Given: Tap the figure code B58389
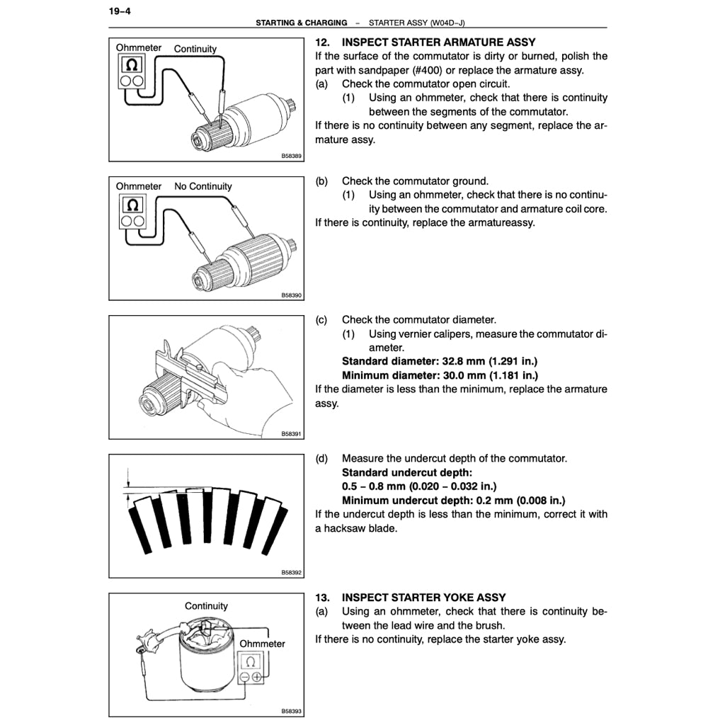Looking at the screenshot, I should click(x=291, y=156).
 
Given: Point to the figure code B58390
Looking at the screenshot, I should click(x=291, y=295).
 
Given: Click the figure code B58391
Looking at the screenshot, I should click(x=291, y=433).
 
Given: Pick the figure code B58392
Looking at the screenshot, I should click(x=291, y=572).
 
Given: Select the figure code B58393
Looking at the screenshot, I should click(x=291, y=711).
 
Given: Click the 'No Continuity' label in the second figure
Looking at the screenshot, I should click(x=203, y=186).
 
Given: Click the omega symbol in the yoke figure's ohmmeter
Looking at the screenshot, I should click(x=250, y=663).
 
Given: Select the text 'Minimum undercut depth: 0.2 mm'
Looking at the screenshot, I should click(x=453, y=501).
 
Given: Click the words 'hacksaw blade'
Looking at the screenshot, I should click(x=360, y=528).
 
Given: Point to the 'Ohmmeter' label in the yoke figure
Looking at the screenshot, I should click(x=263, y=644).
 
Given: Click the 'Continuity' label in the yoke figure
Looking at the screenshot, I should click(x=206, y=606).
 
